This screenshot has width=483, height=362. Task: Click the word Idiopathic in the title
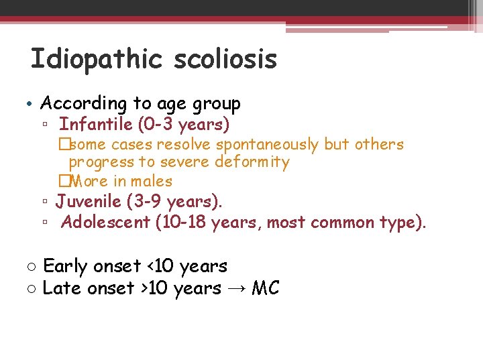click(x=97, y=59)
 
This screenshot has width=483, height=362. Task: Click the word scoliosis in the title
click(x=225, y=59)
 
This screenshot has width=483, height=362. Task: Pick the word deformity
click(x=252, y=162)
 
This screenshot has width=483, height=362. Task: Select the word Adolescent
click(x=105, y=222)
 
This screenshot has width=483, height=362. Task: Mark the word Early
click(x=65, y=266)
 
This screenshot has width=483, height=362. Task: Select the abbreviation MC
click(x=265, y=288)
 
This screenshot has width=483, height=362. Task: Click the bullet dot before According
click(x=32, y=104)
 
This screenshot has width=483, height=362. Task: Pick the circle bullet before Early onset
click(x=32, y=267)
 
